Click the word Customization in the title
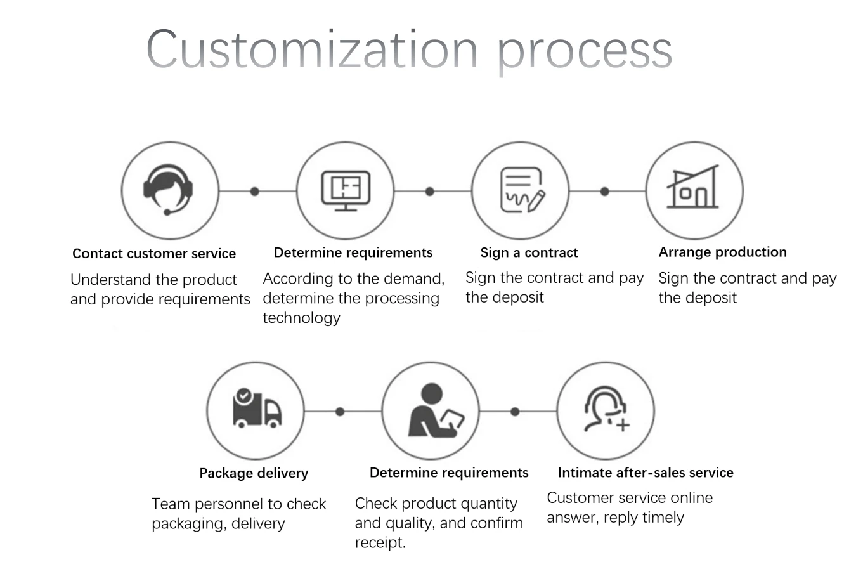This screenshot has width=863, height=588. [311, 49]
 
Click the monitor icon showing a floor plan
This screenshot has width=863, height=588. [346, 190]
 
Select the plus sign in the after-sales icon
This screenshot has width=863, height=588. [623, 424]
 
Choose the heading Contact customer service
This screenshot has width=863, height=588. [154, 254]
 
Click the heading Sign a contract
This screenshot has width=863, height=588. [529, 252]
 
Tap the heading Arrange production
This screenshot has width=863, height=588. [722, 252]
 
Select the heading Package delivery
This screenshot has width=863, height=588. [254, 473]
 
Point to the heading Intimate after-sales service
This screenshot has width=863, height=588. [646, 473]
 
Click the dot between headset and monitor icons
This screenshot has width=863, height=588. [255, 191]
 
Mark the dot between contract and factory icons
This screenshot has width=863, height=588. [605, 191]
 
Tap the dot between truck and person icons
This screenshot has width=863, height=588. [340, 412]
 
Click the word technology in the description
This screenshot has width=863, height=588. [302, 318]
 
